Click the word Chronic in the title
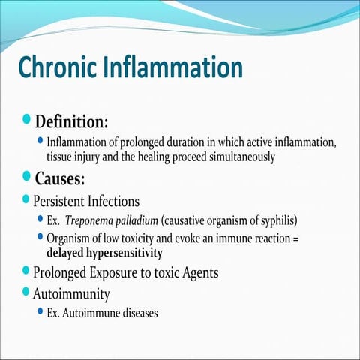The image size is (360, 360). click(54, 67)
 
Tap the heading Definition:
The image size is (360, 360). click(74, 121)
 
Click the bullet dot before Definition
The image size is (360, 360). click(28, 120)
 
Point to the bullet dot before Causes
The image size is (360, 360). click(28, 177)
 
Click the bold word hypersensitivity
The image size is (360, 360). click(124, 252)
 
